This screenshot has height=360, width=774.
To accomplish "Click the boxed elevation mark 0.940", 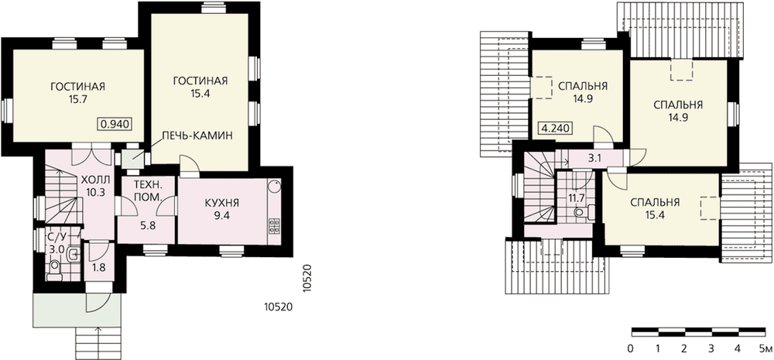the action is pyautogui.click(x=116, y=124).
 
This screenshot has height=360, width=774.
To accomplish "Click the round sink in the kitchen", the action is pyautogui.click(x=274, y=186).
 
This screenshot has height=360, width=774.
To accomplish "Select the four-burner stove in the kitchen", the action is pyautogui.click(x=274, y=226).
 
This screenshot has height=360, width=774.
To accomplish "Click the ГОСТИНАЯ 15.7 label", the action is pyautogui.click(x=78, y=93).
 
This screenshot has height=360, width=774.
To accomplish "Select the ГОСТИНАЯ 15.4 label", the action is pyautogui.click(x=200, y=87).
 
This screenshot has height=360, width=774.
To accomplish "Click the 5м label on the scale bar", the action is pyautogui.click(x=766, y=349).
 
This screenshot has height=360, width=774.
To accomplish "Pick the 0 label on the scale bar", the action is pyautogui.click(x=631, y=349).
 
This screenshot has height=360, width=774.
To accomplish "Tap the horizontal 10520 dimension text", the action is pyautogui.click(x=279, y=307).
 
